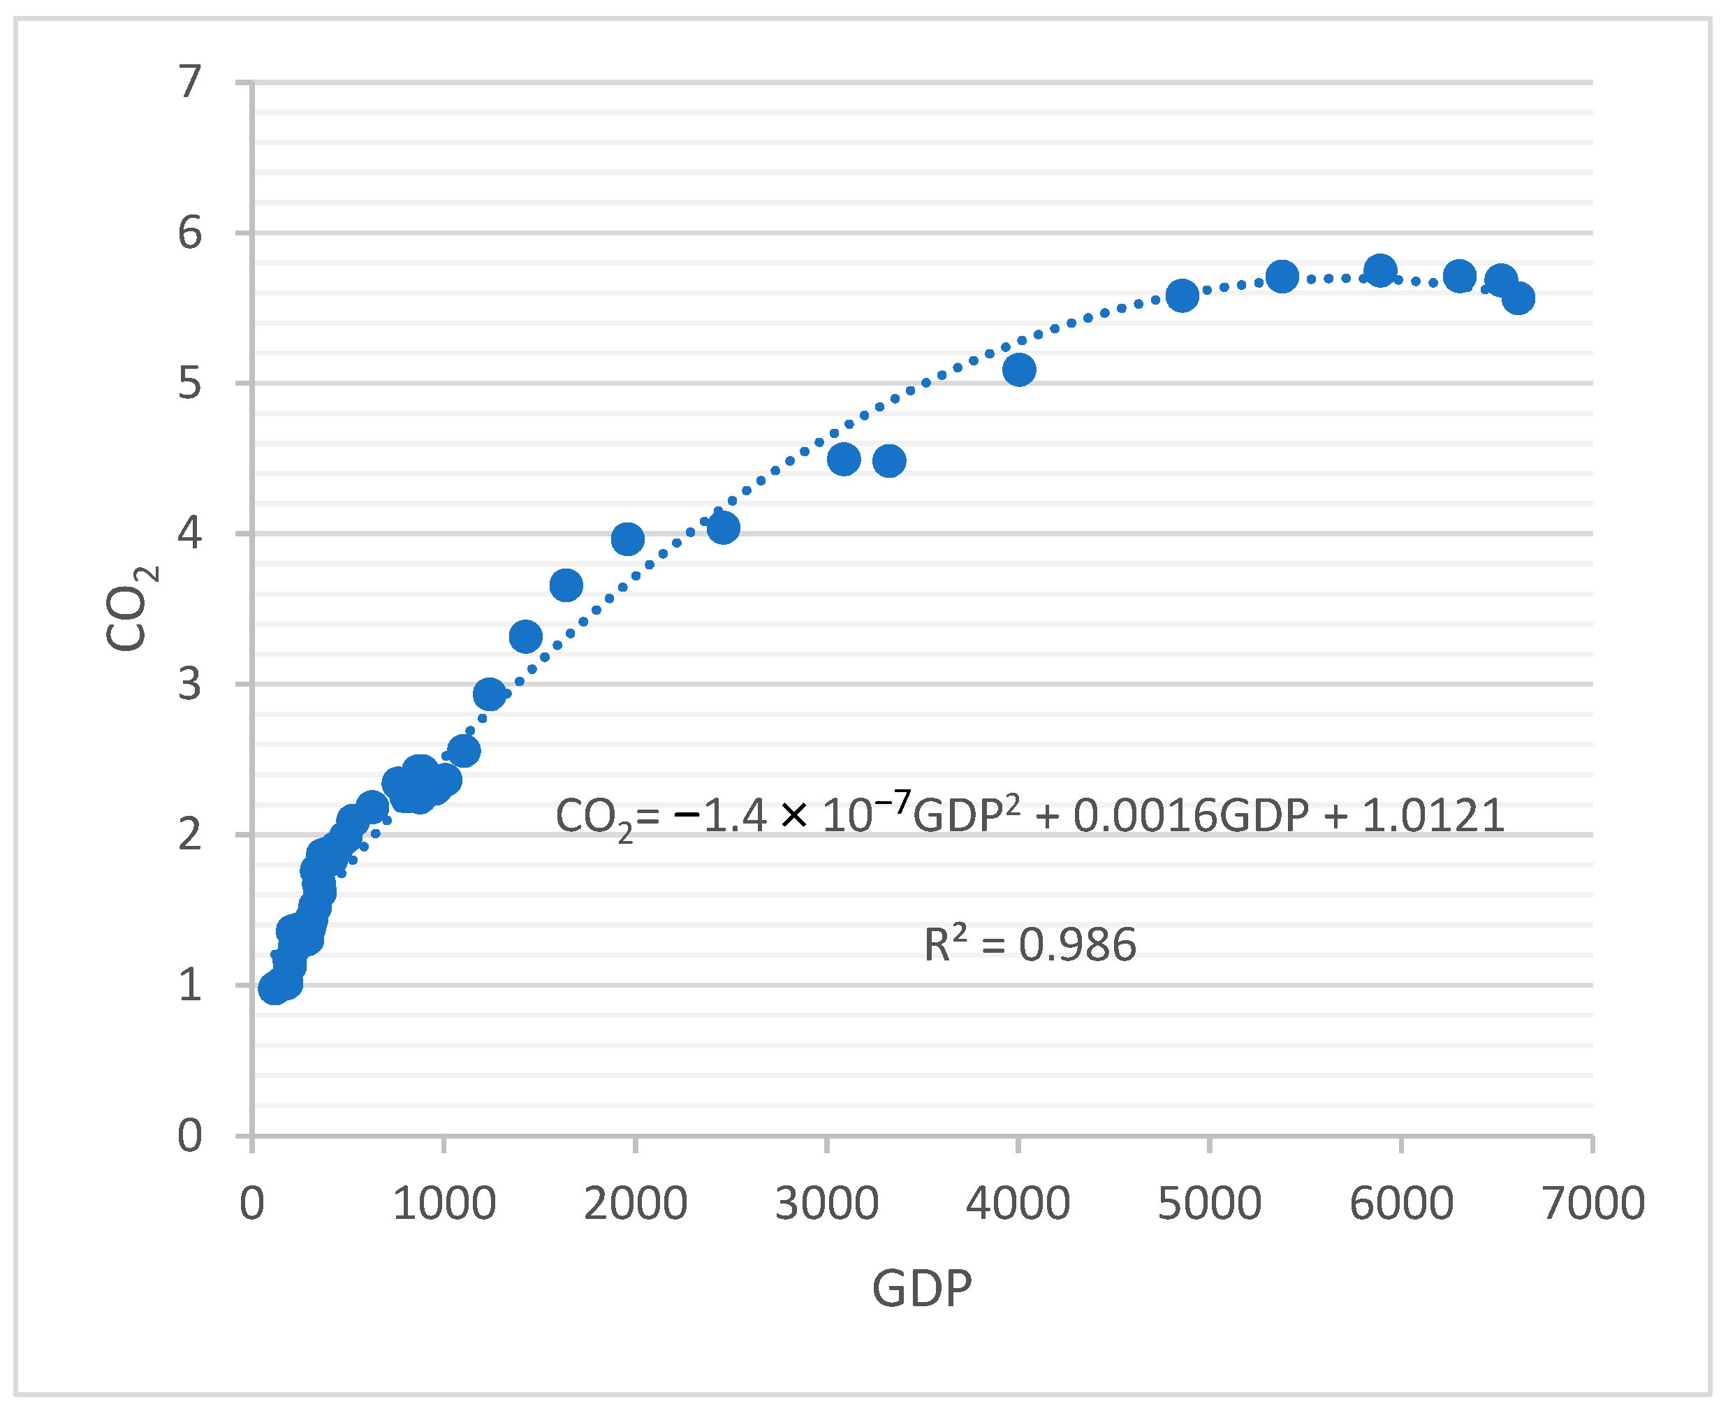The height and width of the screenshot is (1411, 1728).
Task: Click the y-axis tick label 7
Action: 189,82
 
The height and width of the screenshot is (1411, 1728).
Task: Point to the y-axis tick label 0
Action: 189,1136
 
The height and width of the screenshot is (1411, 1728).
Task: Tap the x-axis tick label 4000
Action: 1018,1204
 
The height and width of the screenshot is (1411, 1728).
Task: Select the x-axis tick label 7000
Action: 1593,1204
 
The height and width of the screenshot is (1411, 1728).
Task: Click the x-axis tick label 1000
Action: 444,1204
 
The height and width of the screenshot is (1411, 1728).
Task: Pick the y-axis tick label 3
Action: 189,685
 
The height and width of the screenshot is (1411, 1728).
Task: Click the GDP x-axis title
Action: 922,1288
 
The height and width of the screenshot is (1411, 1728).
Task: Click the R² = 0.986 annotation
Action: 1030,944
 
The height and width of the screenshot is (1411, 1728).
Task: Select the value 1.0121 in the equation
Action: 1433,815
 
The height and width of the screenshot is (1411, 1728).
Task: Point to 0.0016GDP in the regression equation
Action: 1191,815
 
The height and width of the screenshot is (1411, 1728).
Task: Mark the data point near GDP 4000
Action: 1018,370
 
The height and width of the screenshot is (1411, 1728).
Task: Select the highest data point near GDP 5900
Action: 1380,270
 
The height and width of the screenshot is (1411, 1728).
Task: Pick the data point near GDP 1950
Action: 627,539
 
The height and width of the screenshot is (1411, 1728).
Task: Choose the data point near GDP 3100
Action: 844,459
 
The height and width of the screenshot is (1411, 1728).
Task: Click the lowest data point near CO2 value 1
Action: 274,988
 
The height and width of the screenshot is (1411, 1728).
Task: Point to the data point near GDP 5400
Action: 1282,277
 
